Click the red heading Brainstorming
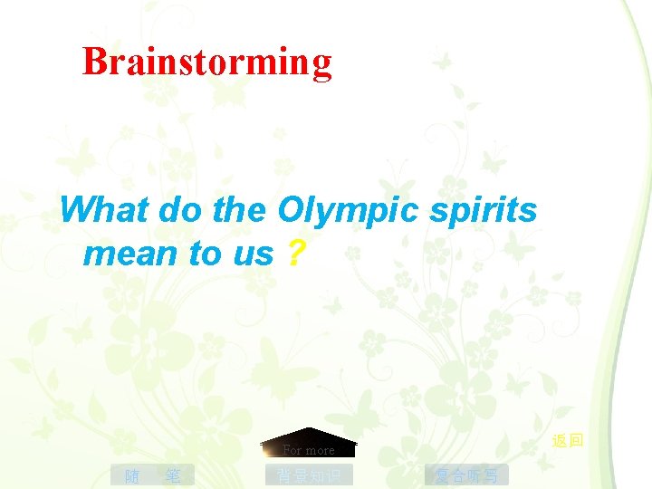click(x=207, y=62)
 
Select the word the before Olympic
click(x=239, y=211)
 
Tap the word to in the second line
click(x=205, y=254)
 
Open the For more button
click(x=309, y=449)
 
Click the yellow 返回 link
click(x=568, y=441)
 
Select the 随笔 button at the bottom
click(x=152, y=475)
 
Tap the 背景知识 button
click(x=309, y=475)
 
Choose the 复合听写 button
click(x=466, y=475)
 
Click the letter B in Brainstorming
click(x=92, y=62)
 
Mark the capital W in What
click(x=75, y=211)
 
